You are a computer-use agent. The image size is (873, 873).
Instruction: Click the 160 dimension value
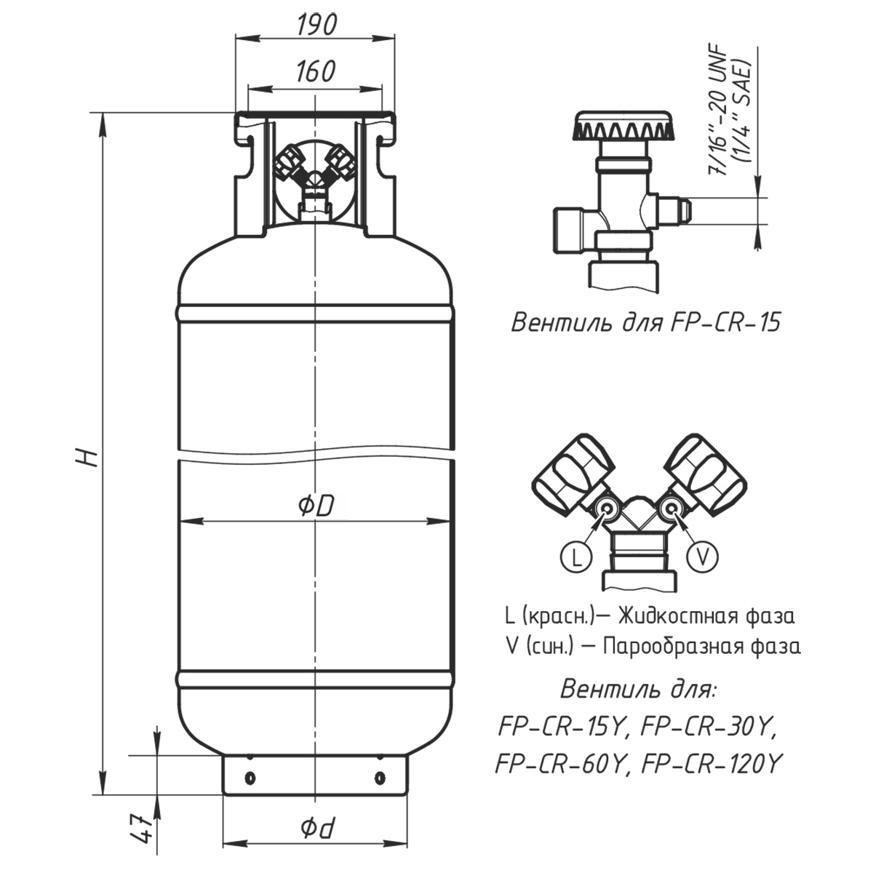pos(316,71)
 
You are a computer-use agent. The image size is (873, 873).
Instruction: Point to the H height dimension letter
pos(88,457)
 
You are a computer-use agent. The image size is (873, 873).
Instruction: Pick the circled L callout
pos(575,557)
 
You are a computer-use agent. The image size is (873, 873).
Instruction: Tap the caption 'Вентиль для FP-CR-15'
pos(645,322)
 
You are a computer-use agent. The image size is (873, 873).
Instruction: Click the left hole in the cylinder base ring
pos(250,778)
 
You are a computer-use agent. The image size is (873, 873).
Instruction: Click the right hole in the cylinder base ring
pos(379,778)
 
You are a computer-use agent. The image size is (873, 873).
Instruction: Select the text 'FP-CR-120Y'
pos(713,764)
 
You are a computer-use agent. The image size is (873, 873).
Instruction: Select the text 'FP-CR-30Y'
pos(710,725)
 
